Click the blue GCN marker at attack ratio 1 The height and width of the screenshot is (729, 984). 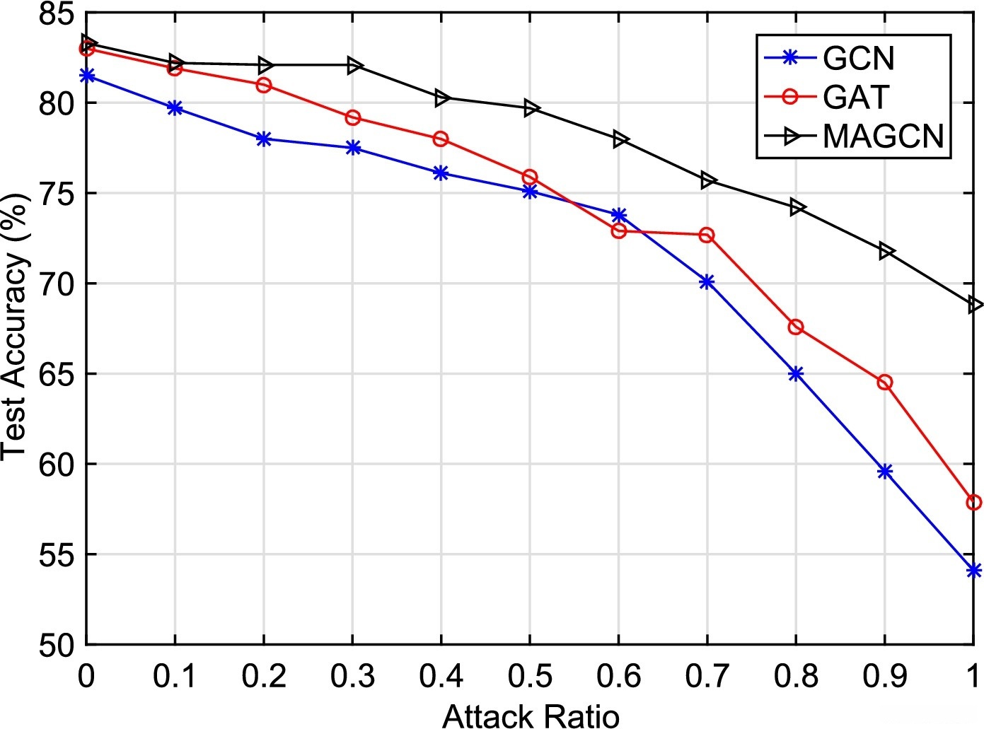pos(973,570)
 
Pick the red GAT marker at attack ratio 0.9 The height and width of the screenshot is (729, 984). pos(884,383)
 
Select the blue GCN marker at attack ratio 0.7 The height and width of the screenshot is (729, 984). pos(707,282)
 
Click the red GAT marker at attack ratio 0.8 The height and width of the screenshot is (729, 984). pos(796,327)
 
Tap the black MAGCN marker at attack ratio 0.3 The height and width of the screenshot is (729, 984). pos(354,66)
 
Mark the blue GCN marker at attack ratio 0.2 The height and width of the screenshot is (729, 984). pos(264,139)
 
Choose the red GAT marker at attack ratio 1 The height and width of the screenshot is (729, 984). pos(973,502)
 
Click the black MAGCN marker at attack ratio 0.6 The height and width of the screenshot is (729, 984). pos(620,139)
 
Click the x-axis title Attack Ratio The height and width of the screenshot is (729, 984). pos(531,716)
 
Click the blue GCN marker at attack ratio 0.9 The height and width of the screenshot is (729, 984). pos(884,472)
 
